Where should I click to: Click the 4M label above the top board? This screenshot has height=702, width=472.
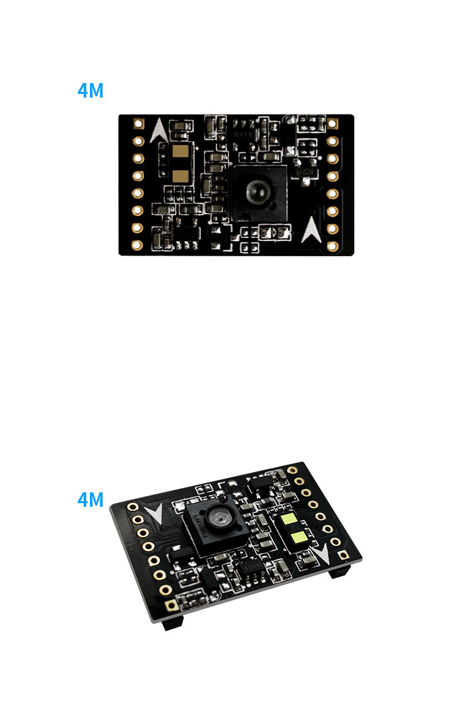pos(90,91)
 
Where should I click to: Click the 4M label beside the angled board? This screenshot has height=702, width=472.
pos(90,500)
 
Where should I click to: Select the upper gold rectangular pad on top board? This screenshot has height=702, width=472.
pos(181,153)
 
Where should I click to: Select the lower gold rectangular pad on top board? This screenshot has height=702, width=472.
pos(181,176)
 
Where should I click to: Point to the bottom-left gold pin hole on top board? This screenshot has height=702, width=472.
pos(140,244)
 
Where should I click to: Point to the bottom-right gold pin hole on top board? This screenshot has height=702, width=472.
pos(333,244)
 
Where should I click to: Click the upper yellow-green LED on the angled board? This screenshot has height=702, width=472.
pos(289,521)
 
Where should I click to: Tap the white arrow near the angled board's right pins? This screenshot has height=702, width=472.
pos(322,553)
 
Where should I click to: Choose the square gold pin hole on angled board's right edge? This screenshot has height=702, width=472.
pos(343,555)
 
